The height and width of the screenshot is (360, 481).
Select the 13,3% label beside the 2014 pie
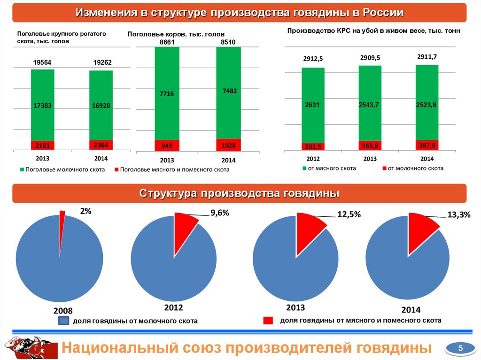(458, 214)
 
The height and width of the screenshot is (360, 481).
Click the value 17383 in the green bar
(43, 106)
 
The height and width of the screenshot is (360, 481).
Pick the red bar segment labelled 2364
(101, 145)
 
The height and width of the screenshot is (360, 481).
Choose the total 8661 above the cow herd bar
(167, 42)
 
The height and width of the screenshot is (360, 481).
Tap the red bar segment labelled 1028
(228, 146)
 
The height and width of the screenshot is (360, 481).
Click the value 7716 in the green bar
(167, 94)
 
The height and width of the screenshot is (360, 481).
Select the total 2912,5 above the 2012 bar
(313, 59)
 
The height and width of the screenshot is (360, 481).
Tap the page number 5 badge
(460, 348)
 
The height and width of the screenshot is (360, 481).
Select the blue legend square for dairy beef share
(63, 321)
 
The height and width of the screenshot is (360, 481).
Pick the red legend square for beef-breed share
(268, 321)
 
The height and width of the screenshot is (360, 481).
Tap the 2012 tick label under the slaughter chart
(313, 159)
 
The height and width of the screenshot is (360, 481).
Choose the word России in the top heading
(380, 13)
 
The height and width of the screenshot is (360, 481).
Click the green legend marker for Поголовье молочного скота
(22, 169)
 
